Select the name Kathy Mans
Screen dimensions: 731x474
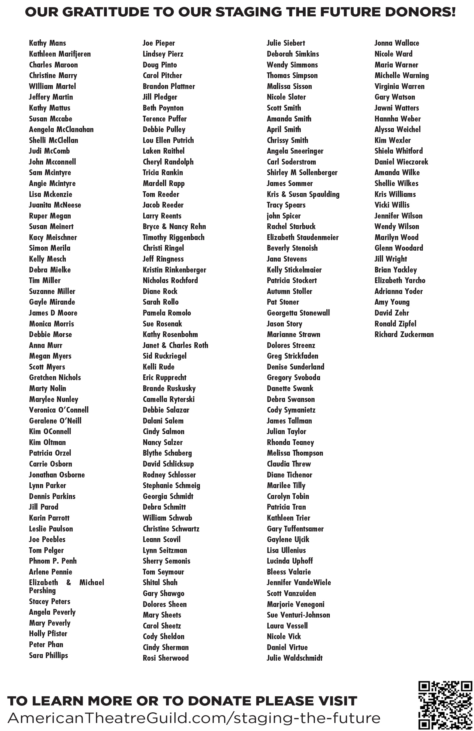click(x=47, y=43)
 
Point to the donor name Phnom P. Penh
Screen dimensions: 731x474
click(x=53, y=561)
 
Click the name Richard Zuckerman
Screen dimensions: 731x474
click(x=404, y=334)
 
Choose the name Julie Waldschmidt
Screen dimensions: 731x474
click(x=294, y=658)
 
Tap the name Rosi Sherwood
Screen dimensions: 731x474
click(x=165, y=658)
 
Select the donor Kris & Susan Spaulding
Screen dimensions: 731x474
click(x=303, y=194)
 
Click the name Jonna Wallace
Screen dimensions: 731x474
click(x=396, y=43)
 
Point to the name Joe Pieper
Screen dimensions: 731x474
click(x=159, y=43)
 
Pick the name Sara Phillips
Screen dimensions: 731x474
click(x=48, y=655)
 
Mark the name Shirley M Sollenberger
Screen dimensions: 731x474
click(x=302, y=173)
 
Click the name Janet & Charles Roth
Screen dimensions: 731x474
click(x=175, y=345)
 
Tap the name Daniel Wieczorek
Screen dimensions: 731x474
click(x=401, y=162)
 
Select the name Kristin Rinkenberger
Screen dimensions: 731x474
click(x=174, y=270)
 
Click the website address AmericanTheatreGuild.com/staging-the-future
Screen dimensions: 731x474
click(x=194, y=718)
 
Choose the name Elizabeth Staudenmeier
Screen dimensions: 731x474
click(x=302, y=237)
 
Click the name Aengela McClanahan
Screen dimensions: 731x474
click(x=61, y=129)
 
